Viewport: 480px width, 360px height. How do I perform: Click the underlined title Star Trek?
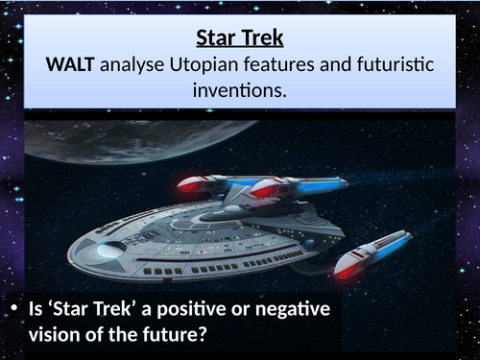tap(240, 39)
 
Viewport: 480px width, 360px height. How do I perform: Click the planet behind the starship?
tap(115, 140)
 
